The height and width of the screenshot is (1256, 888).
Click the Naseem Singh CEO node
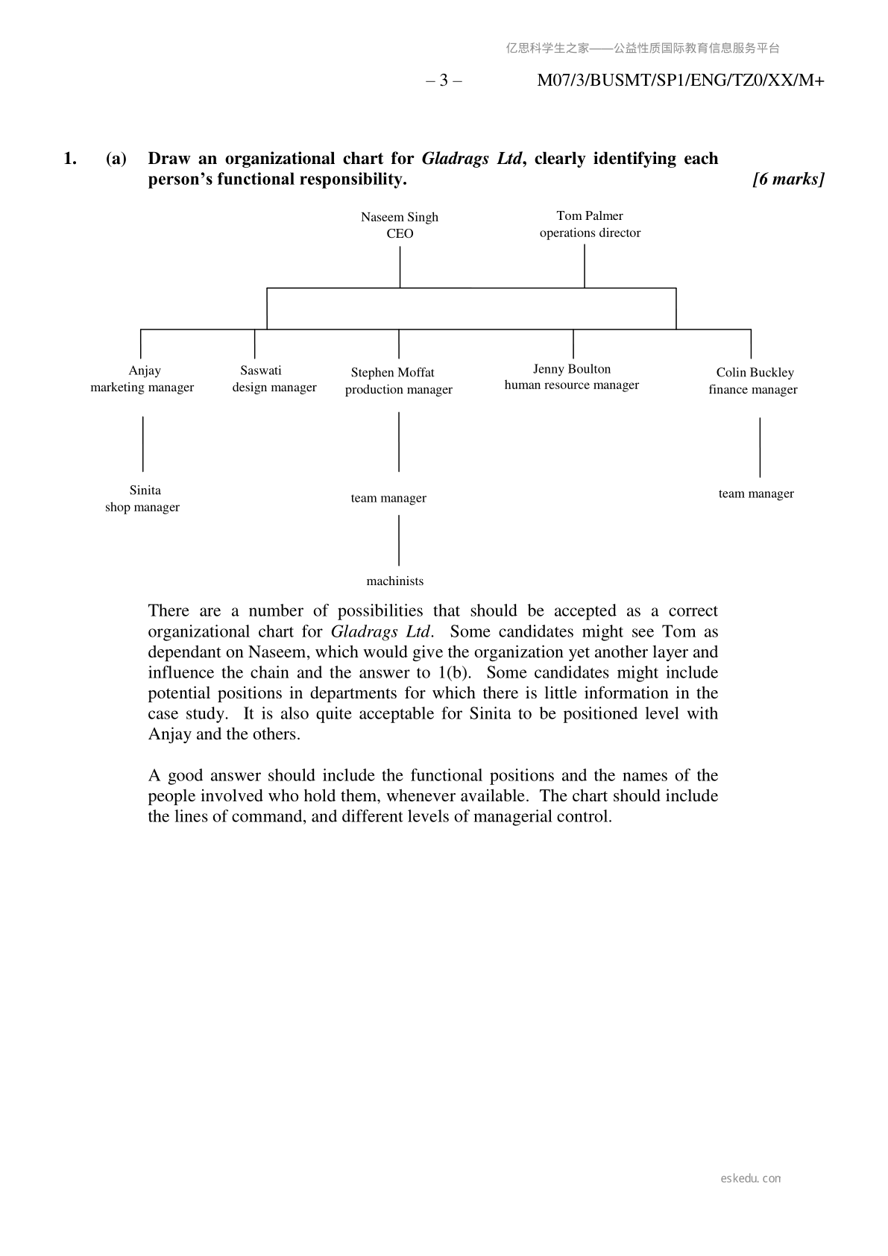pos(400,225)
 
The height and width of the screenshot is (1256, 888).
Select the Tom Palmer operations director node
pos(590,224)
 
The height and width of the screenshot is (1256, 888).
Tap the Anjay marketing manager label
pos(142,379)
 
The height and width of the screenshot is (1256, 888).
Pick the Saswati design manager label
pos(274,379)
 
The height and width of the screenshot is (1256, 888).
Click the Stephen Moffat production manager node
pos(398,381)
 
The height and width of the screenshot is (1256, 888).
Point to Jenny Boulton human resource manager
pos(571,377)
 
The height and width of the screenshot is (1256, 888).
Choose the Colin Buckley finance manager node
pos(753,381)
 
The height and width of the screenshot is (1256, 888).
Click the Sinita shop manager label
pos(142,499)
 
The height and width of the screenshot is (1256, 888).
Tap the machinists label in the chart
pos(394,581)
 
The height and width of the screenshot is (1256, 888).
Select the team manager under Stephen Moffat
pos(388,498)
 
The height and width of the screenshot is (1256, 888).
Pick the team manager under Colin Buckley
pos(756,493)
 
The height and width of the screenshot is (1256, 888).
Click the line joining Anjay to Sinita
pos(143,444)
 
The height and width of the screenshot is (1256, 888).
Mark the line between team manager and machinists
pos(399,540)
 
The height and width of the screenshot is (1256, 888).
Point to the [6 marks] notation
pos(788,180)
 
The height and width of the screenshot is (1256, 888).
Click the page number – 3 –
pos(444,81)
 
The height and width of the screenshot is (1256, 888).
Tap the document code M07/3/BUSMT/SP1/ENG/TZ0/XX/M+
pos(680,81)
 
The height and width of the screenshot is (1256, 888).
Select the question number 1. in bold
pos(70,159)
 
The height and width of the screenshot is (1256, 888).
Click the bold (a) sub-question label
pos(116,159)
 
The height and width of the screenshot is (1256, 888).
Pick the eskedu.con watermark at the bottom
pos(751,1178)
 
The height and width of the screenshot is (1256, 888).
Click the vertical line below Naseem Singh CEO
pos(400,267)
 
